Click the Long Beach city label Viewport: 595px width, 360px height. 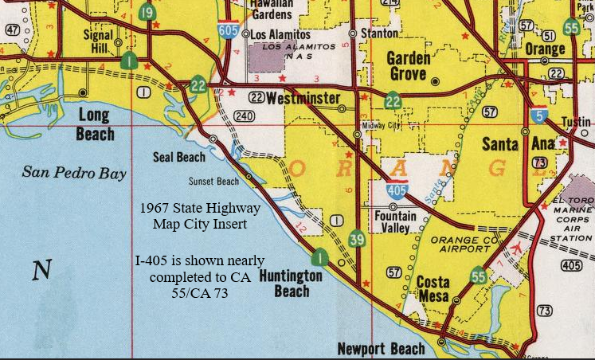coord(95,124)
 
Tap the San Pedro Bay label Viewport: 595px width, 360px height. coord(74,172)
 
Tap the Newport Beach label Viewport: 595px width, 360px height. coord(381,349)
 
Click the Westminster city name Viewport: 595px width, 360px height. coord(303,100)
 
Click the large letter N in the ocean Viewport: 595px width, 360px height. coord(41,271)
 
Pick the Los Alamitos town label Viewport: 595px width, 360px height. coord(280,35)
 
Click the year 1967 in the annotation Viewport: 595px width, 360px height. coord(155,208)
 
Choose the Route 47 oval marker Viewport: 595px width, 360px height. coord(11,29)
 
